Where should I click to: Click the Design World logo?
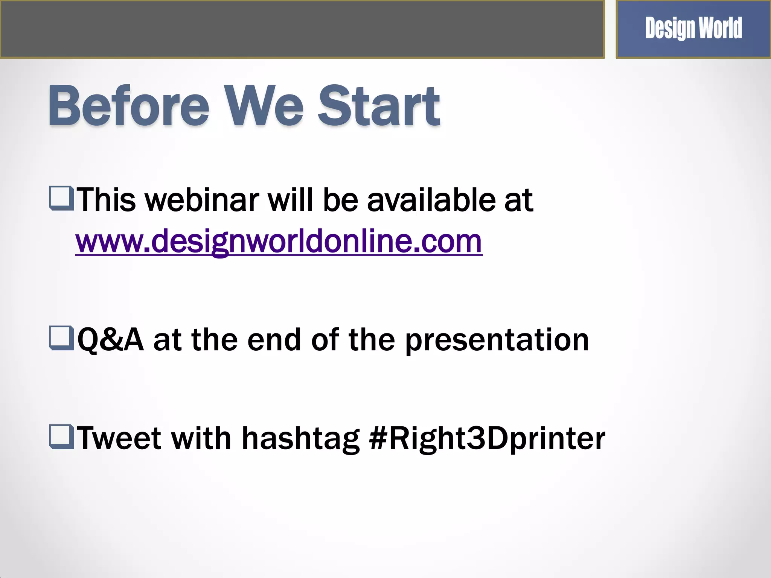[x=693, y=29]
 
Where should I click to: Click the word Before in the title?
[x=128, y=106]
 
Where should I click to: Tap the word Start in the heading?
[x=379, y=106]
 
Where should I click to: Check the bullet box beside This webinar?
[x=61, y=198]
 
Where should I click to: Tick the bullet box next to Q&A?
[x=61, y=338]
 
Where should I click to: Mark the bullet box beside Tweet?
[x=61, y=437]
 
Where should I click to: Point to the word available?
[x=431, y=200]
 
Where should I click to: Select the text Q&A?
[x=110, y=340]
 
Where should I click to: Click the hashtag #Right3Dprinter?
[x=487, y=439]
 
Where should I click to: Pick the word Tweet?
[x=119, y=438]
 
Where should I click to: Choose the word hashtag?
[x=300, y=439]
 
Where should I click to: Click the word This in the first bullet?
[x=106, y=200]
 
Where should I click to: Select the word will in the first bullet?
[x=290, y=200]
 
